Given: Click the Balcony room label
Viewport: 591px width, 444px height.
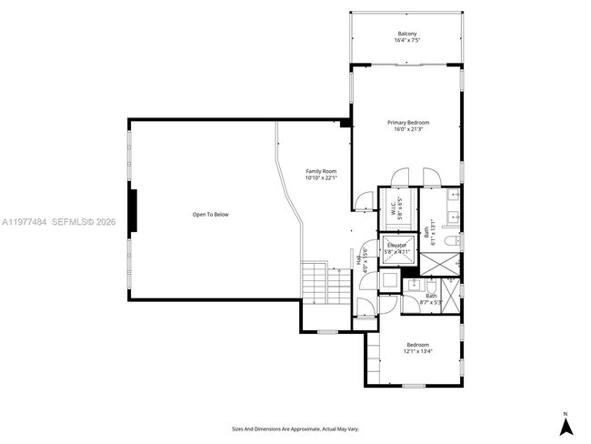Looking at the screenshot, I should click(x=407, y=37).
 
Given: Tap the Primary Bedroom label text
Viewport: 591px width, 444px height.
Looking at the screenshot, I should click(x=408, y=126).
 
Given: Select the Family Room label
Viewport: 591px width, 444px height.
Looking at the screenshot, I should click(x=321, y=175).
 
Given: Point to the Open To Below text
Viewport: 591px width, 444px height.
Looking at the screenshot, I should click(x=210, y=215).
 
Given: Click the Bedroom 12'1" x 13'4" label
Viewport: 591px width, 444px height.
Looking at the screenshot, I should click(x=418, y=348).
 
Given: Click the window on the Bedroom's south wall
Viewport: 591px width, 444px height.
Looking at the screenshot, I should click(x=415, y=386).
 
